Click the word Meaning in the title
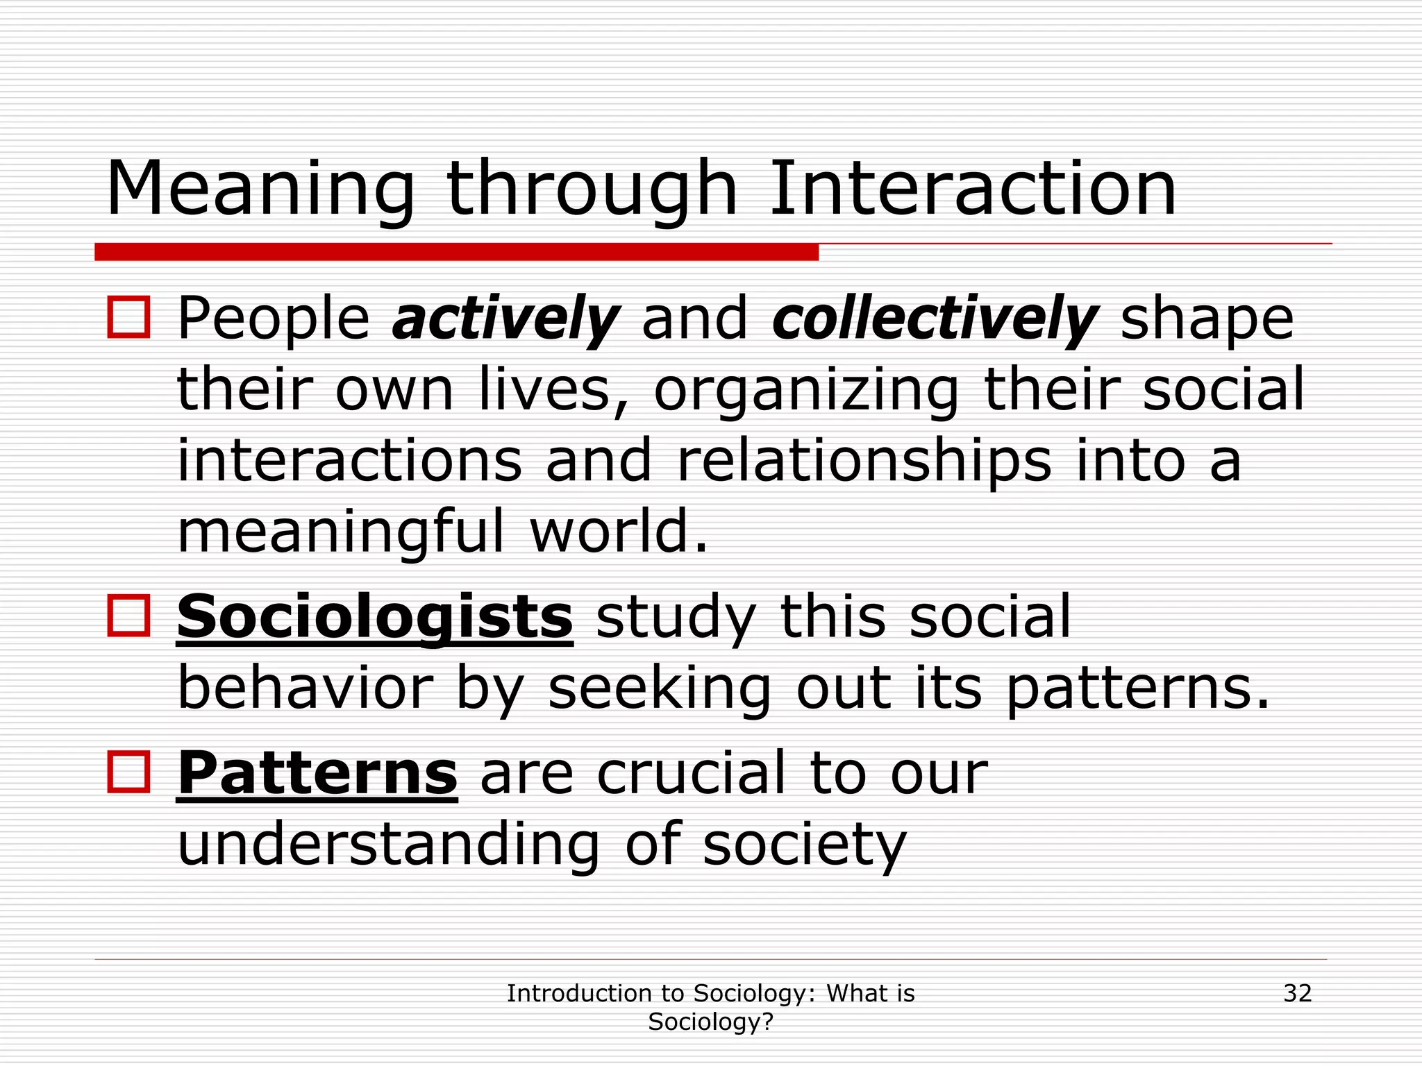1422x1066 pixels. click(x=260, y=189)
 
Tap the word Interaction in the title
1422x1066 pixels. click(x=972, y=189)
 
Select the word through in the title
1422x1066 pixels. click(x=592, y=189)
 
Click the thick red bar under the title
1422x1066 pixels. click(x=456, y=252)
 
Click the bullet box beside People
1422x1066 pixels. click(x=129, y=318)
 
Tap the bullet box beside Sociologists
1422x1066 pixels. click(x=129, y=616)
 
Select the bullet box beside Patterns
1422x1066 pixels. click(x=129, y=772)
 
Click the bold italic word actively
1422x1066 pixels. click(x=505, y=319)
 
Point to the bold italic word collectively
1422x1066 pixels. click(x=935, y=319)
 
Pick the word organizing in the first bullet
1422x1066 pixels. click(x=805, y=390)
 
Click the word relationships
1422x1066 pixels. click(x=863, y=462)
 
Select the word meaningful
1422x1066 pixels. click(x=340, y=533)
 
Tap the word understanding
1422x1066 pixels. click(x=388, y=845)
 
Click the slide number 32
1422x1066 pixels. click(x=1297, y=993)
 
